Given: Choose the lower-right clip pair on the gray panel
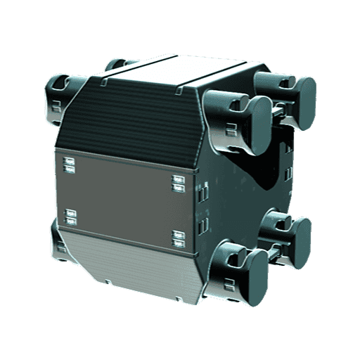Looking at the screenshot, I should tap(178, 238).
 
